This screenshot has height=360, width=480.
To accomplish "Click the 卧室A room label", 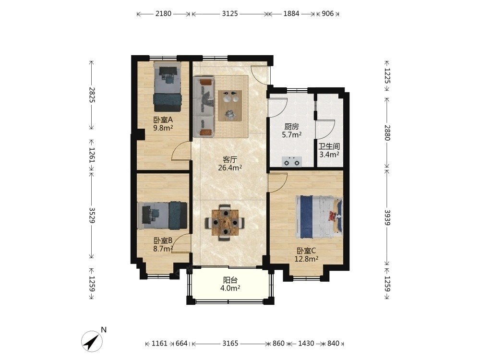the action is tap(163, 120).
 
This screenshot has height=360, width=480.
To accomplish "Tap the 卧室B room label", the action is tap(163, 240).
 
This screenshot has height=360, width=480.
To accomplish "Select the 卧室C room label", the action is tap(306, 251).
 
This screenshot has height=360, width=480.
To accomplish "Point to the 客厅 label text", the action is tap(230, 159).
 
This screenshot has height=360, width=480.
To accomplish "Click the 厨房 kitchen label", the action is tap(291, 126).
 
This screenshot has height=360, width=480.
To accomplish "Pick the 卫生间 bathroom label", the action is tap(329, 146).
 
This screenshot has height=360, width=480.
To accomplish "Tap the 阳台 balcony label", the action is tap(230, 280).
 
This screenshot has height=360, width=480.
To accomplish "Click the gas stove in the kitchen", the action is tap(291, 162).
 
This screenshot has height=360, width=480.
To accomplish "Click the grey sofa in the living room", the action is tap(203, 107).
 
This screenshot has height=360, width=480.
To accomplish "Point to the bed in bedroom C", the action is tap(318, 217).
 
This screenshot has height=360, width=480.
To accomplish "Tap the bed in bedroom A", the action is tap(167, 87).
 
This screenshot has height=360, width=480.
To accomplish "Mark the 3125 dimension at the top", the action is tap(230, 13).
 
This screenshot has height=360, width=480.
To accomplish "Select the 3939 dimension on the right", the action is tap(387, 217).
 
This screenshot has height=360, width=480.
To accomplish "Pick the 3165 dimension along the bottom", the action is tap(230, 344).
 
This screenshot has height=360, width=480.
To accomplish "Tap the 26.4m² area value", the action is tap(230, 168).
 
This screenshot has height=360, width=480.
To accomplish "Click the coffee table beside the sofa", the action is tap(230, 106).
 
